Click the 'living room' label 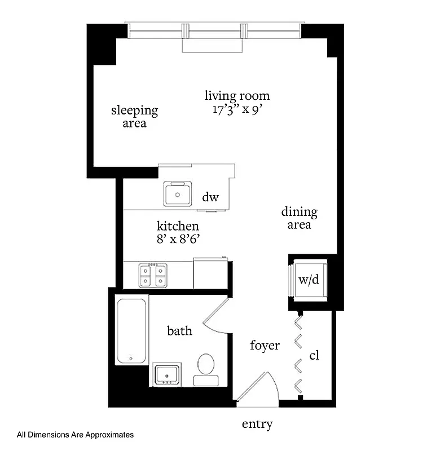(237, 96)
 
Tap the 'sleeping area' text (134, 117)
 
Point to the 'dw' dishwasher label (210, 197)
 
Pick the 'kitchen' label (178, 226)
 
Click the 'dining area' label (300, 218)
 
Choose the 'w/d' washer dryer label (309, 280)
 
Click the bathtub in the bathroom (132, 331)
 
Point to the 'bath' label (179, 330)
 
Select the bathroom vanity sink (167, 374)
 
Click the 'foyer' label (265, 345)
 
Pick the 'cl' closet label (315, 356)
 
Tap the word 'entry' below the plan (257, 425)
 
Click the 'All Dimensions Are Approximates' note (76, 435)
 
